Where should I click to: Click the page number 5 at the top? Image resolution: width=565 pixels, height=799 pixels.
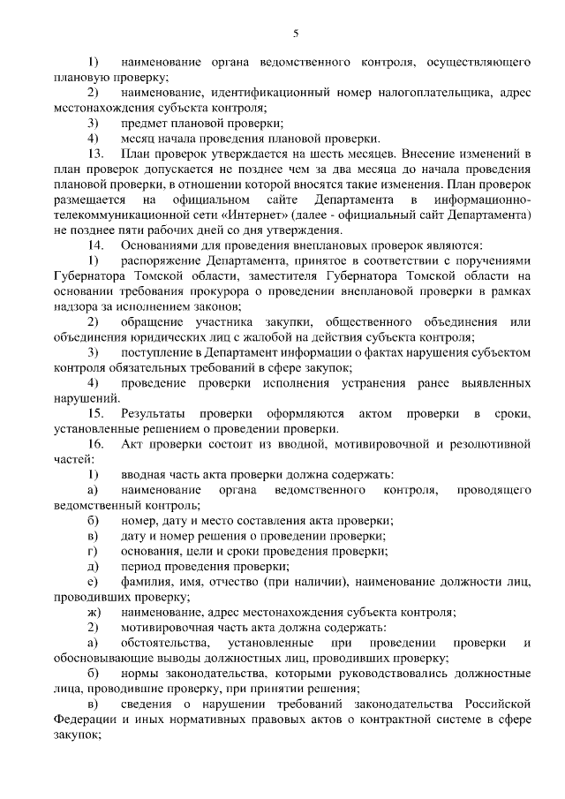coord(296,34)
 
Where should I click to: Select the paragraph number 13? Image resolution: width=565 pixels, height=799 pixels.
coord(95,153)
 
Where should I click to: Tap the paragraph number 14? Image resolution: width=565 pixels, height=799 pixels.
coord(95,244)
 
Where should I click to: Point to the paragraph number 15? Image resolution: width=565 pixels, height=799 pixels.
coord(95,412)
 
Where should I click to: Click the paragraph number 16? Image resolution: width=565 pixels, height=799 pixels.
coord(95,443)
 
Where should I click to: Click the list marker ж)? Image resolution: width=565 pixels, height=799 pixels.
coord(93,612)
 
